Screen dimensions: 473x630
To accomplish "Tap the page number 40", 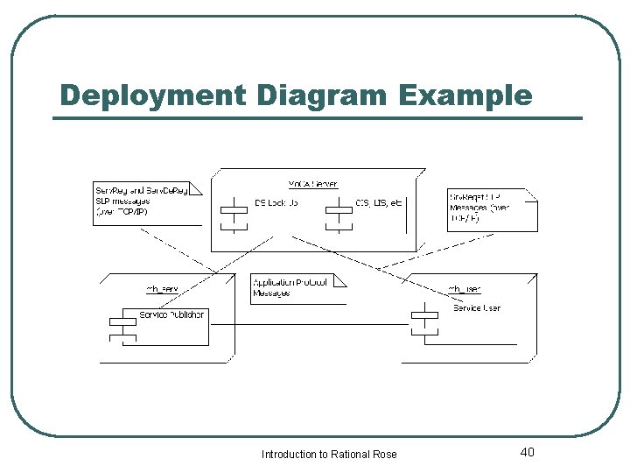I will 527,452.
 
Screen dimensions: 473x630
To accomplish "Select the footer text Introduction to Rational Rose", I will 329,454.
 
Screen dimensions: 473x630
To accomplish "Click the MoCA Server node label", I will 312,184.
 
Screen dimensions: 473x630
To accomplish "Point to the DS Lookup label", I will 276,203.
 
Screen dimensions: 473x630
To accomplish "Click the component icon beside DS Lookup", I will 234,213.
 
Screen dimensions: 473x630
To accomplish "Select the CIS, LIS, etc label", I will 379,203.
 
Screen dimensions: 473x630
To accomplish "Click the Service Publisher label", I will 172,314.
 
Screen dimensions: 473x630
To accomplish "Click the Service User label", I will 477,307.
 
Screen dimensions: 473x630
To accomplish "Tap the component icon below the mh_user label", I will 424,321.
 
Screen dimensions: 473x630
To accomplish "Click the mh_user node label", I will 464,289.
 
